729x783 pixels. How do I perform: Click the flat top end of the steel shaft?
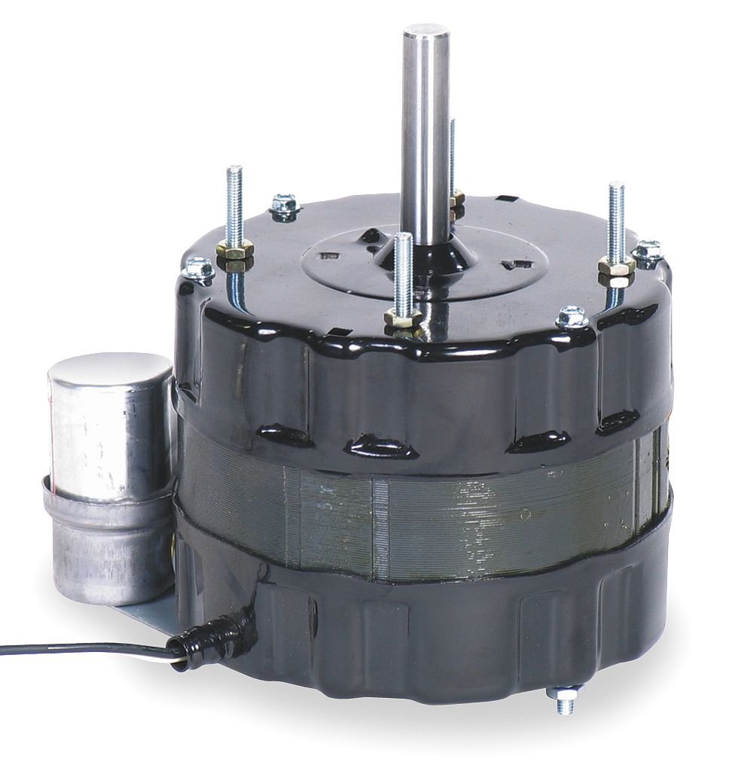pyautogui.click(x=426, y=32)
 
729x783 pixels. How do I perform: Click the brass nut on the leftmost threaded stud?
pyautogui.click(x=235, y=249)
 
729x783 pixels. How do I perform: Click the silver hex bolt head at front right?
pyautogui.click(x=572, y=317)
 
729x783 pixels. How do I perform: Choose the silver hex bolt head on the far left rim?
pyautogui.click(x=200, y=268)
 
